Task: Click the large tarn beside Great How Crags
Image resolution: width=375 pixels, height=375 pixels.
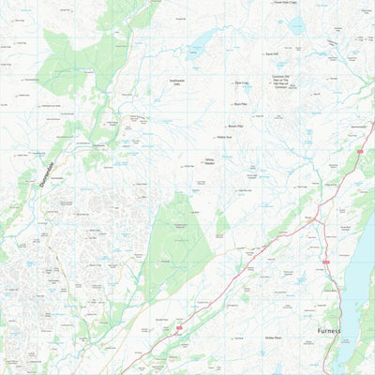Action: (x=296, y=25)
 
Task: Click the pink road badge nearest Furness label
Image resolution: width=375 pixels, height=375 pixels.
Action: (x=325, y=262)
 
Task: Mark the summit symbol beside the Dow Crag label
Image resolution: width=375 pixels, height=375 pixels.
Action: (x=231, y=83)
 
